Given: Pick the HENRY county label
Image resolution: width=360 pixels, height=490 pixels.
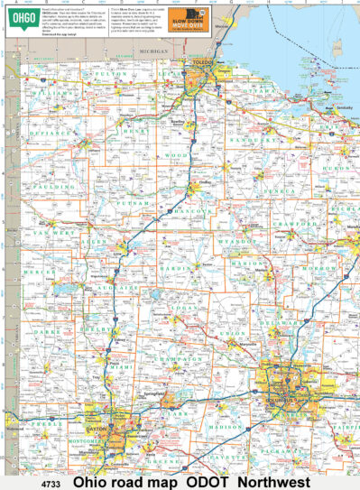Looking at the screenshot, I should point(136,132).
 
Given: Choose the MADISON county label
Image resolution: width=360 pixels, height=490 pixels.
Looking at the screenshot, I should point(225,426).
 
